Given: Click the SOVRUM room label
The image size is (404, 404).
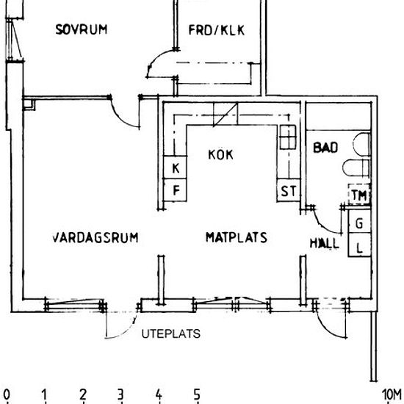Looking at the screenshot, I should tap(82, 30).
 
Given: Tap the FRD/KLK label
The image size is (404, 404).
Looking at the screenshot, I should tap(216, 30).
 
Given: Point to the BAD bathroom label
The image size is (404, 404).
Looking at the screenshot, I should tap(325, 148).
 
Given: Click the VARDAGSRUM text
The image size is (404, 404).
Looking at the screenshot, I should tap(95, 238).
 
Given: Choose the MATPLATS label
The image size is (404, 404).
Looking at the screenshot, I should tap(235, 238).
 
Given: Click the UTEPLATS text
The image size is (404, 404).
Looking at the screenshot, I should tap(170, 333).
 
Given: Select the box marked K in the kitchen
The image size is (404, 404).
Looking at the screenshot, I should tap(176, 169).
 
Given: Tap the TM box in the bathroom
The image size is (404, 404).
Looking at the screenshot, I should tap(358, 195).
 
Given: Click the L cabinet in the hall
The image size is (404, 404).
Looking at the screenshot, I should tap(359, 247).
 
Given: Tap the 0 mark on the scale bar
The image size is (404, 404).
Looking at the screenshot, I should tap(7, 395).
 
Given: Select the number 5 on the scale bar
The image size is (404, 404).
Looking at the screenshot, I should tap(197, 395).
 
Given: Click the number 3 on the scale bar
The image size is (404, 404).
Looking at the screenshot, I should tap(120, 395).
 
